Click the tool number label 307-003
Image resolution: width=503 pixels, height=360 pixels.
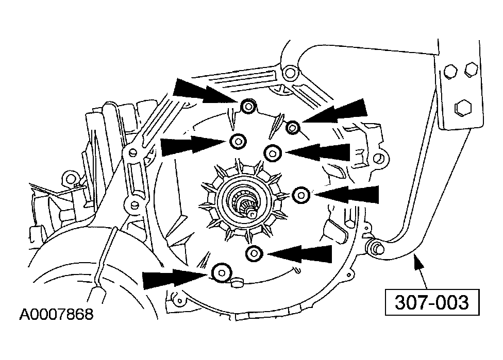(432, 302)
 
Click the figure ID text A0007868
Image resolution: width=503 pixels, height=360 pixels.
(57, 314)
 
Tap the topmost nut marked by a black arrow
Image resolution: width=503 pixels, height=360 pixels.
(248, 107)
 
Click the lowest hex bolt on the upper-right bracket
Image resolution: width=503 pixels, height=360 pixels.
(461, 108)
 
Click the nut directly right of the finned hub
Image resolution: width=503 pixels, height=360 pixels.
(301, 195)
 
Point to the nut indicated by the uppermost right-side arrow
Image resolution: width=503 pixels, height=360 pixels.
(293, 127)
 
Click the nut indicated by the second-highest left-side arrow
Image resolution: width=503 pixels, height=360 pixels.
(238, 141)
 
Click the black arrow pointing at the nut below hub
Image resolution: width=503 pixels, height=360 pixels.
(301, 253)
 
